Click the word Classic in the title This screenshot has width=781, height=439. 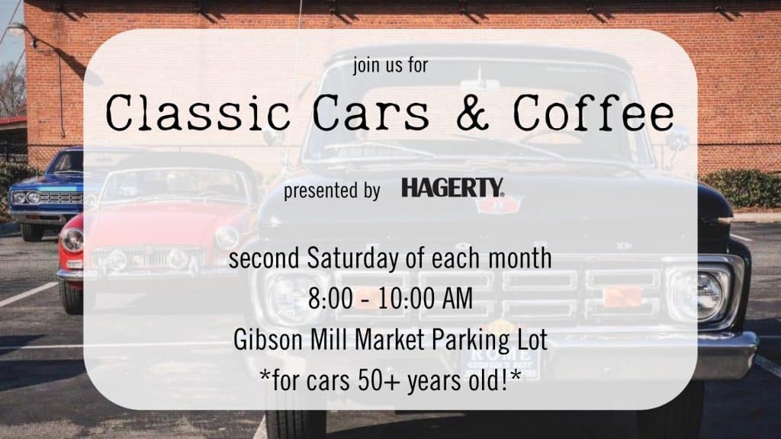(198, 113)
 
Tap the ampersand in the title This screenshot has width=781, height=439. (473, 113)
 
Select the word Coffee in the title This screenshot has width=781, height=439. (593, 113)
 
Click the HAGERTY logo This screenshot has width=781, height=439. (453, 188)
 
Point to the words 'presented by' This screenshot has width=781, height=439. (332, 191)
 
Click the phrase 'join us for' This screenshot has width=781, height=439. (390, 66)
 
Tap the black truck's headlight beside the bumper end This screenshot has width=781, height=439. (699, 296)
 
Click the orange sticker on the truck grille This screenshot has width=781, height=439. (622, 296)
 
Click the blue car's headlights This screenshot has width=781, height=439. (26, 197)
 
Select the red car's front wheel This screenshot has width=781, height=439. (71, 298)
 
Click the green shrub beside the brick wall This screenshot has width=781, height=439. (742, 188)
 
